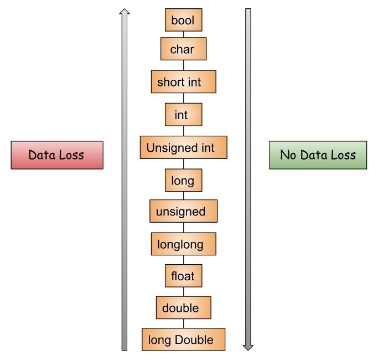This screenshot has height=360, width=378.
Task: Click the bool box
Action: [x=183, y=20]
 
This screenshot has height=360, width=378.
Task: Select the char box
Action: [x=183, y=49]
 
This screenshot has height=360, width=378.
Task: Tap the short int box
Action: [x=183, y=82]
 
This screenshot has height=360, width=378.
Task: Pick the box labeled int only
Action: [x=183, y=115]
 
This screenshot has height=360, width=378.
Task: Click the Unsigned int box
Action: [x=183, y=148]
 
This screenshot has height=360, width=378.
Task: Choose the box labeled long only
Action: [x=183, y=181]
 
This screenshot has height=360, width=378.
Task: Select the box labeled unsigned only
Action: [x=183, y=211]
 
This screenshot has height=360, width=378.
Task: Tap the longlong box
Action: [x=183, y=244]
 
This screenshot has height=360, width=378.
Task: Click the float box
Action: [x=183, y=275]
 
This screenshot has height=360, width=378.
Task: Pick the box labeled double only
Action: [x=183, y=307]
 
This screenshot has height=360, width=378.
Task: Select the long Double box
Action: [x=183, y=339]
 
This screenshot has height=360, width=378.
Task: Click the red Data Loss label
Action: [x=56, y=155]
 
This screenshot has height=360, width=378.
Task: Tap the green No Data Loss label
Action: [x=318, y=155]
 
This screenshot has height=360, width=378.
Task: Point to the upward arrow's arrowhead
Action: [x=125, y=12]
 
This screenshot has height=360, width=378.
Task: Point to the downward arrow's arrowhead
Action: [x=248, y=347]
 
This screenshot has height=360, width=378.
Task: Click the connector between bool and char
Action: [x=183, y=34]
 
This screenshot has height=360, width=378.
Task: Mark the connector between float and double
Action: [x=183, y=291]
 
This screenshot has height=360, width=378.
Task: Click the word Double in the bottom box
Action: [x=194, y=340]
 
